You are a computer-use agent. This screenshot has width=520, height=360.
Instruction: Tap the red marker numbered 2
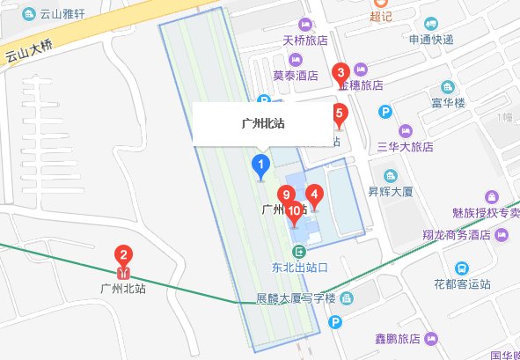tap(124, 257)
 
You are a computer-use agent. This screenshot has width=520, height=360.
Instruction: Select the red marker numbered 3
tap(341, 72)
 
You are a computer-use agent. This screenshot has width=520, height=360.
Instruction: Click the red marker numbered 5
tap(339, 113)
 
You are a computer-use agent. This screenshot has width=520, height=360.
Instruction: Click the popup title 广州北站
tap(262, 124)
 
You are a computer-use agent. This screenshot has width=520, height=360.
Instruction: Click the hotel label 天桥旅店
tap(304, 40)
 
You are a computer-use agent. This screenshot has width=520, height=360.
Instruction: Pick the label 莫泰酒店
tap(295, 76)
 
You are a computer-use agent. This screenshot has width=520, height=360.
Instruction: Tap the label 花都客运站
tap(460, 285)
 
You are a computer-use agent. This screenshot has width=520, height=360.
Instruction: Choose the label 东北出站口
tap(299, 268)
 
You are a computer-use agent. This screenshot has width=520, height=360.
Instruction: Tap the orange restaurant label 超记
tap(380, 15)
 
